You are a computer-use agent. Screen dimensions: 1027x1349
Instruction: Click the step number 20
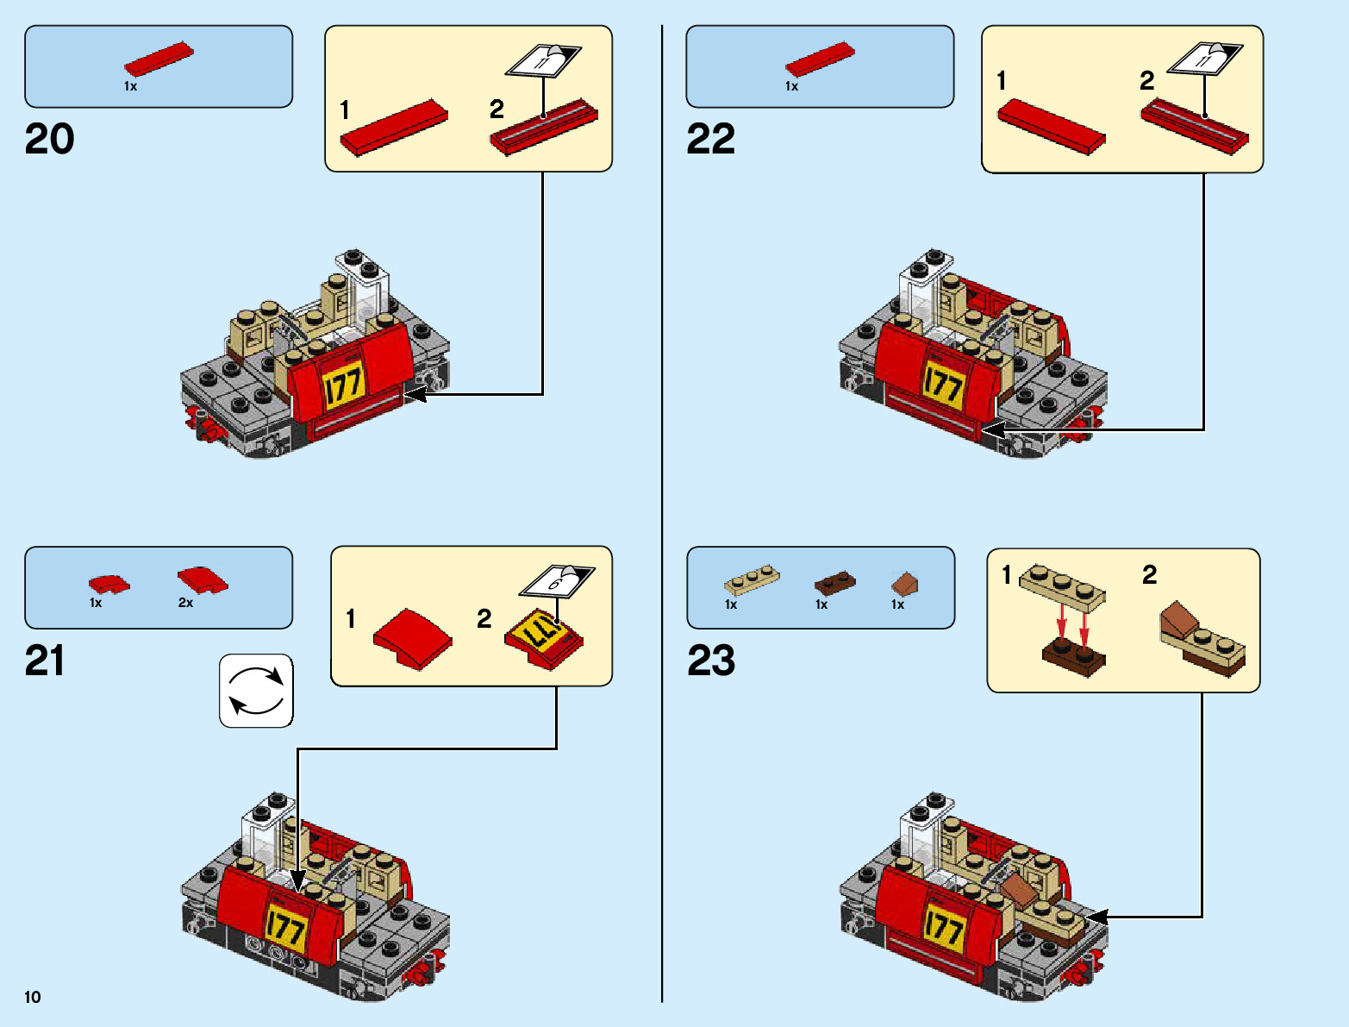coord(49,139)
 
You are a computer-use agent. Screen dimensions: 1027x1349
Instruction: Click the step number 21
coord(45,661)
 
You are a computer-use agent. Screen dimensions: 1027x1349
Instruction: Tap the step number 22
coord(710,139)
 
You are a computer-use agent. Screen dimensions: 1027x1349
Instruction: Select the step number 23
coord(711,661)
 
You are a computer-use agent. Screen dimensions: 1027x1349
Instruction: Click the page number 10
coord(33,998)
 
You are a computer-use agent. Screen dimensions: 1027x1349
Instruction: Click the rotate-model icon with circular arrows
coord(256,691)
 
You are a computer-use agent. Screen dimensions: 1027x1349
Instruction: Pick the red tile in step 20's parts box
coord(159,59)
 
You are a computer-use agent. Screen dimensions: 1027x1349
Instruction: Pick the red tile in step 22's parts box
coord(820,59)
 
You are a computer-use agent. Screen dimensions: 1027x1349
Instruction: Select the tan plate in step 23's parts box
coord(752,579)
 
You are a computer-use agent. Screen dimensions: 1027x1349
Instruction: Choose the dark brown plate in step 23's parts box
coord(834,583)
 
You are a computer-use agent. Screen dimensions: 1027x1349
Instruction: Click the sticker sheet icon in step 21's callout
coord(556,580)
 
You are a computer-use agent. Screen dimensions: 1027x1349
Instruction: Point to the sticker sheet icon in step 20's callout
coord(543,60)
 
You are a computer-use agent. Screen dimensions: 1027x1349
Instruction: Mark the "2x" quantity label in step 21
coord(185,604)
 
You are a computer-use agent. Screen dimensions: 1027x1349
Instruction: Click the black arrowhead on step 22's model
coord(991,429)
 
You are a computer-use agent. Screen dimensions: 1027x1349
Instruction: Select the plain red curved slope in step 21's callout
coord(412,639)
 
